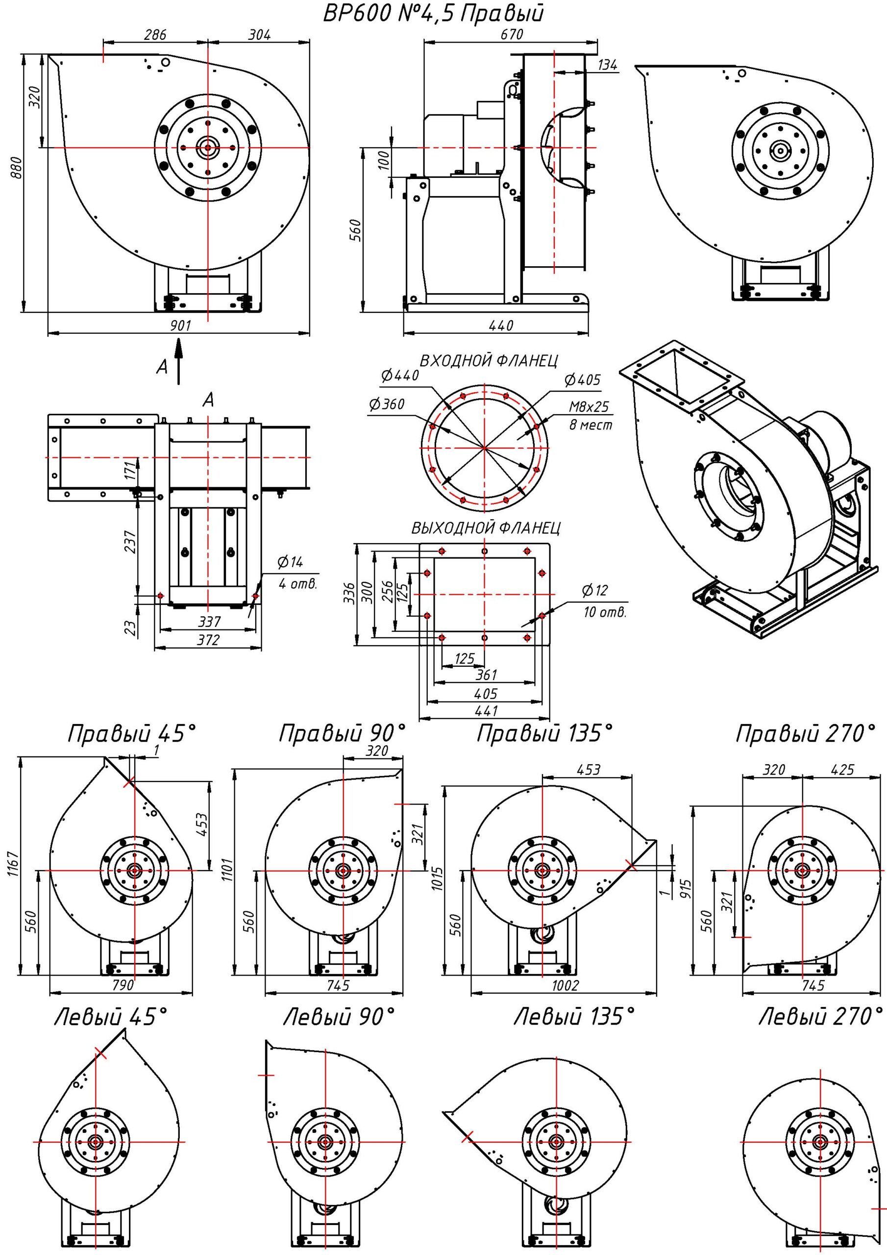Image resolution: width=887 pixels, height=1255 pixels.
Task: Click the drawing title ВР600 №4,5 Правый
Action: click(433, 13)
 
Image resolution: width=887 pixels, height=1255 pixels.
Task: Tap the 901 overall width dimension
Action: click(180, 326)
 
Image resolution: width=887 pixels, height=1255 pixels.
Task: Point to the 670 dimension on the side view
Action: click(511, 34)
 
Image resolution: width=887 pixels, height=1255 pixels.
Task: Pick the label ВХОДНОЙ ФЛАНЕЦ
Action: click(489, 360)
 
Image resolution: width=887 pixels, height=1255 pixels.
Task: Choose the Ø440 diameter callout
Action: click(400, 375)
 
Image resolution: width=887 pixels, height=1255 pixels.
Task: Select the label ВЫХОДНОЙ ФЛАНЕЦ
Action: click(486, 528)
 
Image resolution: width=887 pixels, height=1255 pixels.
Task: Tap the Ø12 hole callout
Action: click(594, 590)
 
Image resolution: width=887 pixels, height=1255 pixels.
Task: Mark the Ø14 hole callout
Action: click(290, 562)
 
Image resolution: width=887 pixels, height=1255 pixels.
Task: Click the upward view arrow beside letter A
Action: click(179, 361)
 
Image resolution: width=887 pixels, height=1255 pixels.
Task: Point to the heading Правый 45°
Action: click(131, 733)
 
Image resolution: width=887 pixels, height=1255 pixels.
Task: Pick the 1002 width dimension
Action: click(565, 985)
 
